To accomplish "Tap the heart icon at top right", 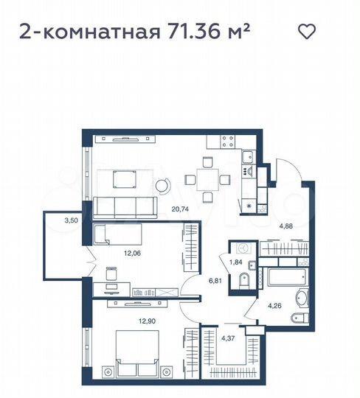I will [x=306, y=31].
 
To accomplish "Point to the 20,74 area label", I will [x=179, y=209].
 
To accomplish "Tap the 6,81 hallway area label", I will [x=212, y=281].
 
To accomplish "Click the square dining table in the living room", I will [x=201, y=178].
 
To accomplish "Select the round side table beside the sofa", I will [x=162, y=186].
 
